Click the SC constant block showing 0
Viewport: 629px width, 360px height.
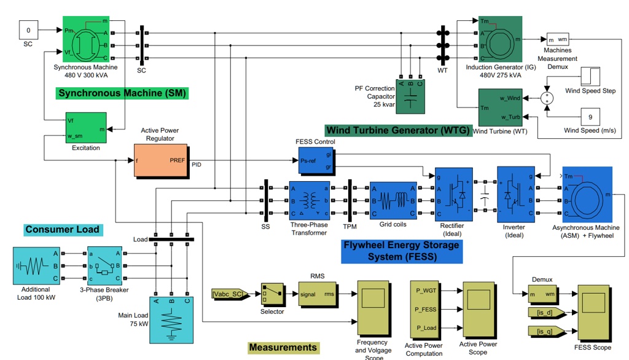[x=28, y=30]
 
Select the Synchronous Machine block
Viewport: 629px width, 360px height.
[x=86, y=39]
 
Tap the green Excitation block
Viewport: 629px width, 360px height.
[x=86, y=128]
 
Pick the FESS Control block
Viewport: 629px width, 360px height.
[x=316, y=160]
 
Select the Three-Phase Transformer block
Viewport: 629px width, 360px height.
[x=310, y=201]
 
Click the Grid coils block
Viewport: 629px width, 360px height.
[x=394, y=201]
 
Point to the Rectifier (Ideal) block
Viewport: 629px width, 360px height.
[x=454, y=194]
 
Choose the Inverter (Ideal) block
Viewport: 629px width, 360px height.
[x=516, y=194]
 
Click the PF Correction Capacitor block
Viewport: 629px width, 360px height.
[x=410, y=96]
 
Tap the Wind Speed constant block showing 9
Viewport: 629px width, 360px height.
[x=590, y=117]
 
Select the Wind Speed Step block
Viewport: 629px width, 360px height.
[x=590, y=77]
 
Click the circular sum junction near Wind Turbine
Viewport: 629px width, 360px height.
[x=547, y=98]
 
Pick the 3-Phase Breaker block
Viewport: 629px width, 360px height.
[x=104, y=266]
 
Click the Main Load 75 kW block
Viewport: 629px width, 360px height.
[x=172, y=320]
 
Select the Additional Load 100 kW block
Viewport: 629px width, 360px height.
[x=36, y=266]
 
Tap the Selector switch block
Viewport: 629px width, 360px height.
[x=273, y=295]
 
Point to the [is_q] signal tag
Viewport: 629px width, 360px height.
[x=547, y=332]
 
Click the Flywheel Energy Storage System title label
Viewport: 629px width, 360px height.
[x=402, y=251]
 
